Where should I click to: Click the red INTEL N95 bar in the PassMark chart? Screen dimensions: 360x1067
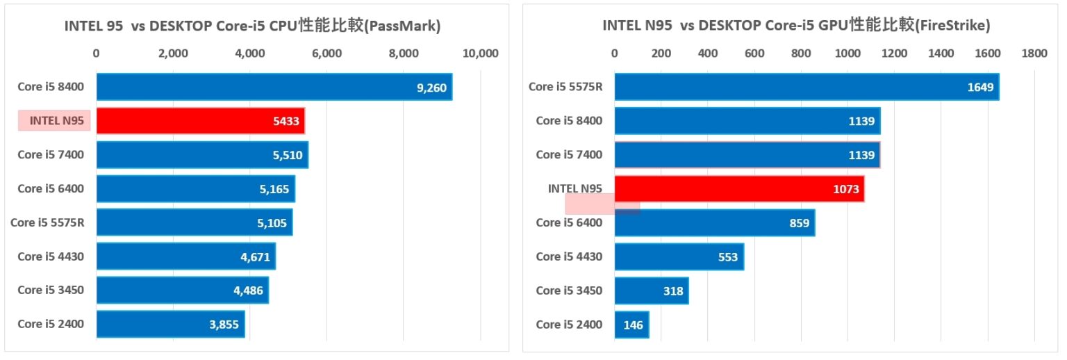(200, 121)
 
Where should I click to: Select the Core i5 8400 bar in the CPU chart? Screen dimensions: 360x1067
(274, 87)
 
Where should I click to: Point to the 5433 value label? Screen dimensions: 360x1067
(286, 122)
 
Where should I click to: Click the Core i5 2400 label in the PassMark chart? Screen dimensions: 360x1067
(51, 324)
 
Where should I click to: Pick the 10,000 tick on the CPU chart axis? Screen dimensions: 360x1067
(480, 53)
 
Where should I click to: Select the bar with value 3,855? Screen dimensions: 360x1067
(170, 325)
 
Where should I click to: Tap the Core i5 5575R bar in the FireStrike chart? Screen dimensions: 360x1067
(806, 87)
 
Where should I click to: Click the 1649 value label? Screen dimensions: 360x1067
(980, 88)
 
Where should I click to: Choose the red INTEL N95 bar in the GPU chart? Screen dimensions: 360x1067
(739, 188)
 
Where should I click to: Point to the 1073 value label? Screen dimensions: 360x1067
(845, 189)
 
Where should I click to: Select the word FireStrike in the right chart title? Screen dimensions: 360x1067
(952, 26)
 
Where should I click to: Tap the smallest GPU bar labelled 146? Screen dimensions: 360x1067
(631, 325)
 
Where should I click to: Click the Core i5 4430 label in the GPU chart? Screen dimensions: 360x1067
(569, 256)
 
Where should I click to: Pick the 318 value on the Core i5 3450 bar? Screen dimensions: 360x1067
(673, 291)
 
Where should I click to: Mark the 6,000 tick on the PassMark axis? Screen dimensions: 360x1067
(326, 53)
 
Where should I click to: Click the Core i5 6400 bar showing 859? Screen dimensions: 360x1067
(714, 222)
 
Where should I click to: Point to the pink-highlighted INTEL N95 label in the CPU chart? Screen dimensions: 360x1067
(56, 121)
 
